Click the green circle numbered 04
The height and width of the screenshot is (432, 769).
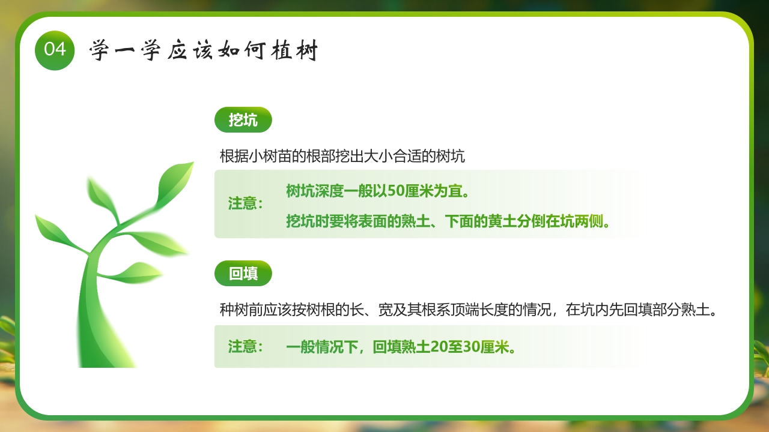tap(55, 50)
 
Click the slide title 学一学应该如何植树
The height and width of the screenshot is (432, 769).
tap(203, 52)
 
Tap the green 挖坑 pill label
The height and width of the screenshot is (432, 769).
tap(243, 121)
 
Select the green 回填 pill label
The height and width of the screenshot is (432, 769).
tap(243, 274)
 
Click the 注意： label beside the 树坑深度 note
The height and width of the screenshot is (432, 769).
tap(246, 203)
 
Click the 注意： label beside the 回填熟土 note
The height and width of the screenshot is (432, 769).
tap(246, 347)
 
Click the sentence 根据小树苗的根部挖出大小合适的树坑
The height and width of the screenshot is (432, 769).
tap(342, 157)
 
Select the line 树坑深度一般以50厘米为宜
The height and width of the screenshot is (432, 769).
tap(377, 191)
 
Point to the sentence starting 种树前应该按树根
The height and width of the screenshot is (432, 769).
tap(469, 310)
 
